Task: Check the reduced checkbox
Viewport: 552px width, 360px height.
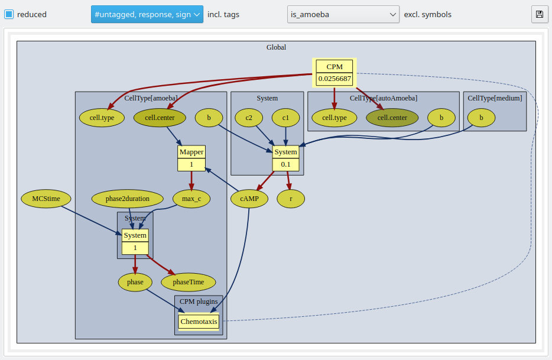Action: coord(9,14)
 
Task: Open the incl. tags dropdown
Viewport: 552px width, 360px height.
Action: coord(147,14)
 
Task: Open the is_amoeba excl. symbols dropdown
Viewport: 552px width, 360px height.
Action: coord(343,14)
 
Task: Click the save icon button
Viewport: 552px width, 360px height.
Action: coord(540,14)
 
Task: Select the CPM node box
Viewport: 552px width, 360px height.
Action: coord(335,73)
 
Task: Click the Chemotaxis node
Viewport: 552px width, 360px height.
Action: coord(199,321)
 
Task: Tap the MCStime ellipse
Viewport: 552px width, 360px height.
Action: coord(46,199)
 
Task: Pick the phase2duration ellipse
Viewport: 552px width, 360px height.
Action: coord(128,199)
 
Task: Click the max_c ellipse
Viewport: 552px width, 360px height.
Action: coord(191,199)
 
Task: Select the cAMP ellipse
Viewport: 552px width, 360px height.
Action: coord(249,199)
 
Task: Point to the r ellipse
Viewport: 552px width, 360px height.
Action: coord(291,199)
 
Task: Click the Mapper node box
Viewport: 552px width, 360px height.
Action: coord(191,158)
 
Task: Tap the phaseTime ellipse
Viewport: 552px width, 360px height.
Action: coord(189,282)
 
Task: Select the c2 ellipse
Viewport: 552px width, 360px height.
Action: coord(249,118)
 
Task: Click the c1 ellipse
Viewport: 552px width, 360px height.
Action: coord(285,118)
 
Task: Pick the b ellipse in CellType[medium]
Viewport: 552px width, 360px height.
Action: coord(481,118)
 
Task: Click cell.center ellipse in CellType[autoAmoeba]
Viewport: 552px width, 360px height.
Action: coord(392,118)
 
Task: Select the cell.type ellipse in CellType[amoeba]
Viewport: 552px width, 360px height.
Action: coord(102,118)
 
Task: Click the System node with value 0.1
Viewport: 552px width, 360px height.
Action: coord(285,158)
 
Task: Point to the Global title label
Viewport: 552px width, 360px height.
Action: coord(276,47)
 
